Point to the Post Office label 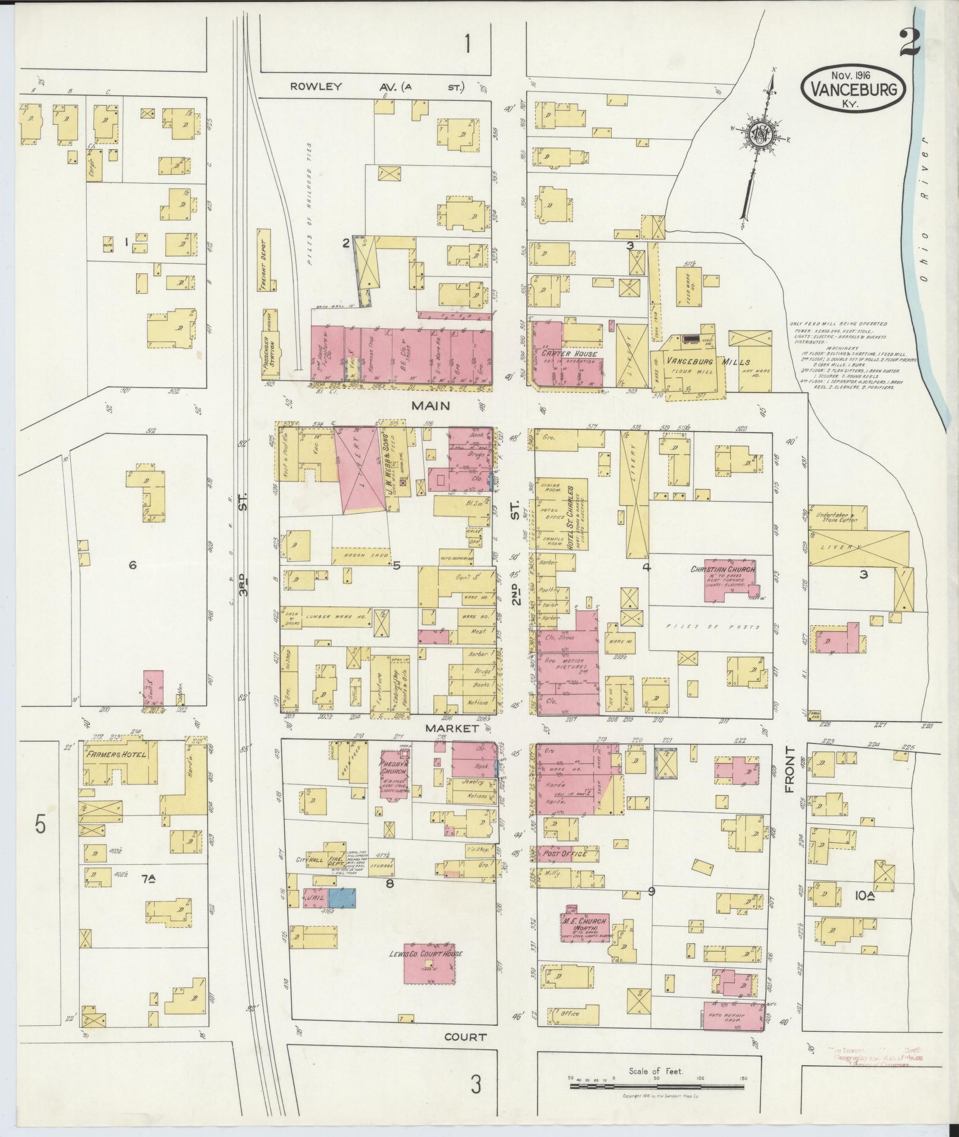click(565, 854)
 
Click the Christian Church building click(730, 579)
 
